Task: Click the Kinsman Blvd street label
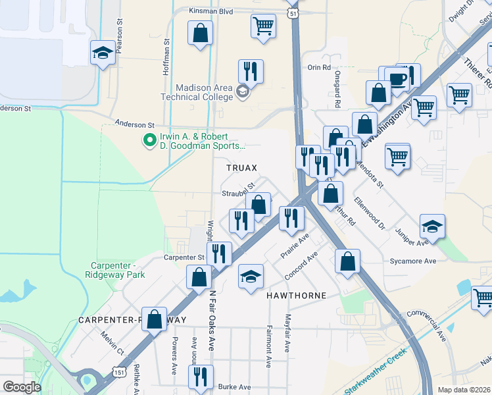coord(211,11)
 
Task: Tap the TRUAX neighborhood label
coord(241,168)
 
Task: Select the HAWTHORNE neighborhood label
coord(296,296)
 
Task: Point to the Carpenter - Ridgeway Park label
coord(118,270)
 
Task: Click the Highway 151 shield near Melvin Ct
coord(119,372)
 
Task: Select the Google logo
coord(22,387)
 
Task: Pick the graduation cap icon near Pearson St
coord(103,53)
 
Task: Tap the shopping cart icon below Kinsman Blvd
coord(262,26)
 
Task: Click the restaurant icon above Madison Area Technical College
coord(250,70)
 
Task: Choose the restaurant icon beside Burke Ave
coord(200,377)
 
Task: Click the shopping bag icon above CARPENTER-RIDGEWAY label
coord(154,320)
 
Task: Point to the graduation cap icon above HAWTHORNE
coord(251,276)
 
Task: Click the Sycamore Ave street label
coord(412,261)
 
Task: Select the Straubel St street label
coord(237,194)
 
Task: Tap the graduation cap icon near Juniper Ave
coord(432,227)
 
